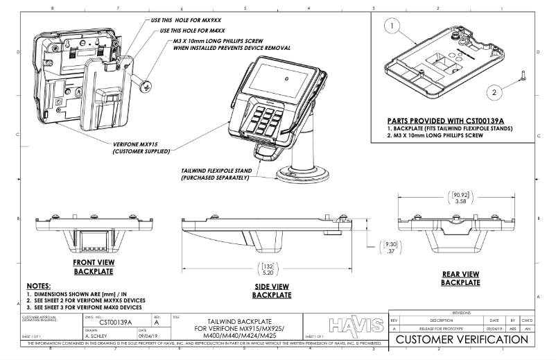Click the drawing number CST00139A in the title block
coord(116,322)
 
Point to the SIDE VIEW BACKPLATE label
coord(270,291)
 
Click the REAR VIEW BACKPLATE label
coord(460,278)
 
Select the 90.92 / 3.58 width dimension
coord(459,196)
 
